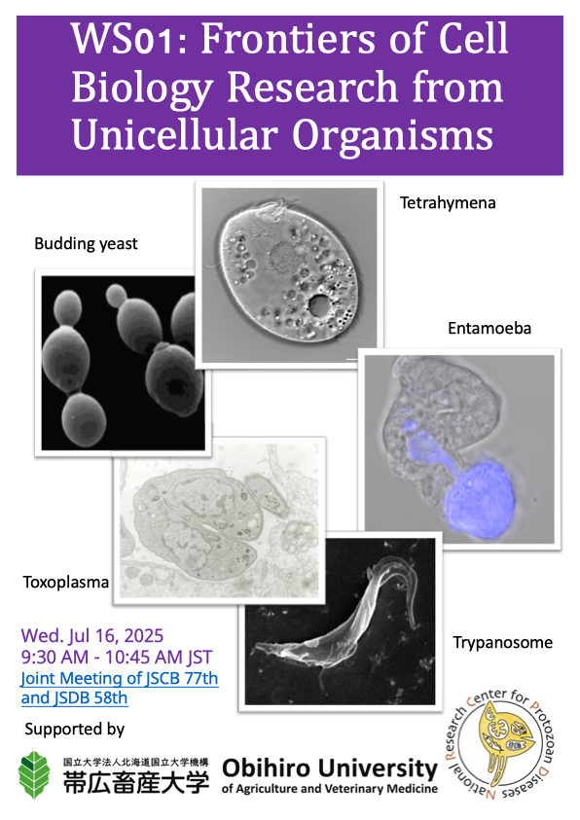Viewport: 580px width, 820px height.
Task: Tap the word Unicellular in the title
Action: click(x=174, y=135)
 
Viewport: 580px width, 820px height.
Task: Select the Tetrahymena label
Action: click(x=448, y=203)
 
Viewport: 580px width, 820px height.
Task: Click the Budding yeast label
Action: click(x=86, y=244)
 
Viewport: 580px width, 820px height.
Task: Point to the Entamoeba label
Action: click(x=489, y=329)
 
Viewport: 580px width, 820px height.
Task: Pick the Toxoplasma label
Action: click(x=66, y=582)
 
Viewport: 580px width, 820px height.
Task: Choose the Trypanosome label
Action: click(x=502, y=643)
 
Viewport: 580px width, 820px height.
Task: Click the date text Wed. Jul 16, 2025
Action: click(x=92, y=635)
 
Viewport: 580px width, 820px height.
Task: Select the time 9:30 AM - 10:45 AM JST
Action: click(x=117, y=657)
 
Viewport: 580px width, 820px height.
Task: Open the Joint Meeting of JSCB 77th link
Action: click(x=120, y=678)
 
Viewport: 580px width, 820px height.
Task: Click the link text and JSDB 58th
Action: click(x=74, y=698)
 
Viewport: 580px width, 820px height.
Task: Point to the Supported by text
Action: click(x=75, y=729)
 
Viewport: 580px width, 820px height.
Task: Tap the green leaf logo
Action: click(x=34, y=775)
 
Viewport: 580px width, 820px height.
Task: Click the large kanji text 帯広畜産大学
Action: click(x=136, y=782)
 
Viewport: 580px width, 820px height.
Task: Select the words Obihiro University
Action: click(x=330, y=768)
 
